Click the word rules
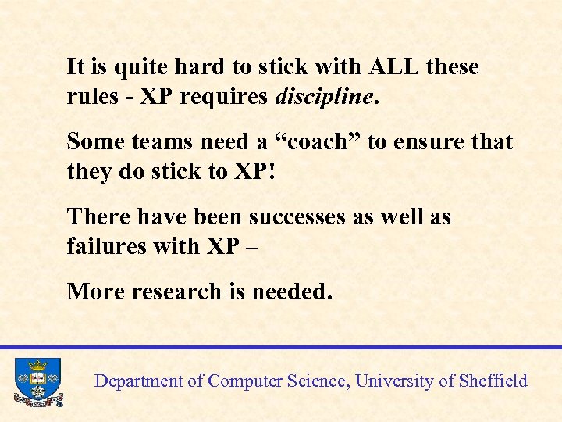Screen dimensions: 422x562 point(90,96)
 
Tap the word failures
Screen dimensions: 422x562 point(102,246)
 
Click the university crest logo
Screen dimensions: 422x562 point(37,381)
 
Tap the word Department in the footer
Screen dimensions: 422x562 point(138,381)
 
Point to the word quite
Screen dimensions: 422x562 point(123,66)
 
